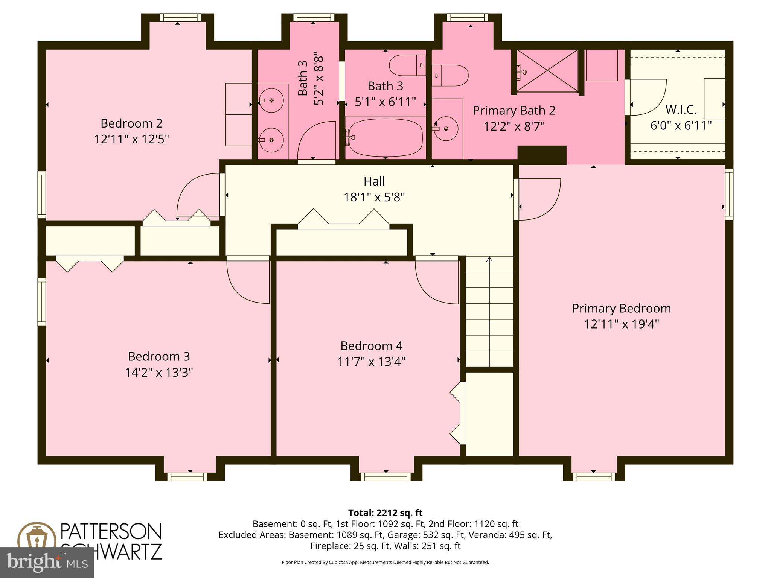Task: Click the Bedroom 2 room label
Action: (x=131, y=123)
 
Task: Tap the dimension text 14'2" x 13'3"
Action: (x=159, y=373)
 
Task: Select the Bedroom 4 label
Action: (x=371, y=346)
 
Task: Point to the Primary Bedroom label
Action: (x=621, y=309)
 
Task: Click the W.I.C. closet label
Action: (x=681, y=110)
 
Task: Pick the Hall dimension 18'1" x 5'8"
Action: (x=374, y=197)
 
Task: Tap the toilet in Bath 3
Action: (x=407, y=65)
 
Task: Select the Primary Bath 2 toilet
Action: (x=450, y=75)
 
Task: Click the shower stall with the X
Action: (x=547, y=71)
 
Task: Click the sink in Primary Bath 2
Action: (x=446, y=129)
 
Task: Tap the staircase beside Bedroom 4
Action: (x=489, y=311)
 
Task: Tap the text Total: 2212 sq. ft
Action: (x=385, y=513)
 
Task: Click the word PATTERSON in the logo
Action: (x=111, y=531)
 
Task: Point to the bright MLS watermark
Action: (x=47, y=562)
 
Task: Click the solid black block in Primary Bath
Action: (x=542, y=155)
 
